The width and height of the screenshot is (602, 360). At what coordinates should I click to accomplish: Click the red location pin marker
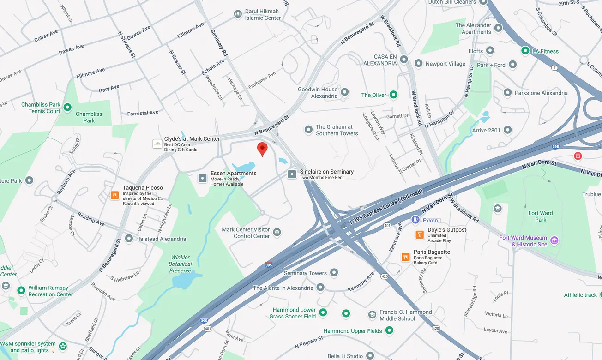coord(262,149)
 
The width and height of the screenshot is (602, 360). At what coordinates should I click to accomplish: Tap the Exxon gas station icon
coord(415,220)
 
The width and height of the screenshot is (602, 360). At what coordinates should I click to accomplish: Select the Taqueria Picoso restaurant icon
coord(114,195)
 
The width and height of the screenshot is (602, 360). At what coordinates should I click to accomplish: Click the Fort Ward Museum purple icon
coord(554,240)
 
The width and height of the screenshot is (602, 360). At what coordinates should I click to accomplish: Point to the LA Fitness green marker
coord(525,51)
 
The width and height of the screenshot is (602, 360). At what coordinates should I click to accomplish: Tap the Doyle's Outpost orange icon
coord(419,234)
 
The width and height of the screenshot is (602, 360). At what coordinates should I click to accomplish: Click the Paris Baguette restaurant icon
coord(405,257)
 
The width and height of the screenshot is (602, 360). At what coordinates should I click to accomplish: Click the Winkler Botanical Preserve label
coord(181,264)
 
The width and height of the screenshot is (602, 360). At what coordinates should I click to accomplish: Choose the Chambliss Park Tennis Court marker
coord(67,108)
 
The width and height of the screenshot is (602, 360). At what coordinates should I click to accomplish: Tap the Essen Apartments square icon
coord(202,178)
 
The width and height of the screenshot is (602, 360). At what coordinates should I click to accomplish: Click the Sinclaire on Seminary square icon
coord(292,174)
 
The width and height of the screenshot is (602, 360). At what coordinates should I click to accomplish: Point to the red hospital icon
coord(578,156)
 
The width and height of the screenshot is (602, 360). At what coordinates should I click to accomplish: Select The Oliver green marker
coord(393,95)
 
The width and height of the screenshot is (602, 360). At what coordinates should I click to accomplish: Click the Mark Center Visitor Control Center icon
coord(277,232)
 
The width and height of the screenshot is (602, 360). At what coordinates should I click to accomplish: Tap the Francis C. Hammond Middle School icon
coord(372,315)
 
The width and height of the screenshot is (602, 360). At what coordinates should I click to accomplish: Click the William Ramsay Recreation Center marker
coord(21,291)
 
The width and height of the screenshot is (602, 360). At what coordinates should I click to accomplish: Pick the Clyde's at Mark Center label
coord(192,139)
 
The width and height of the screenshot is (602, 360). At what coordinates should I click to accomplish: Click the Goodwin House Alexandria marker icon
coord(344,92)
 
